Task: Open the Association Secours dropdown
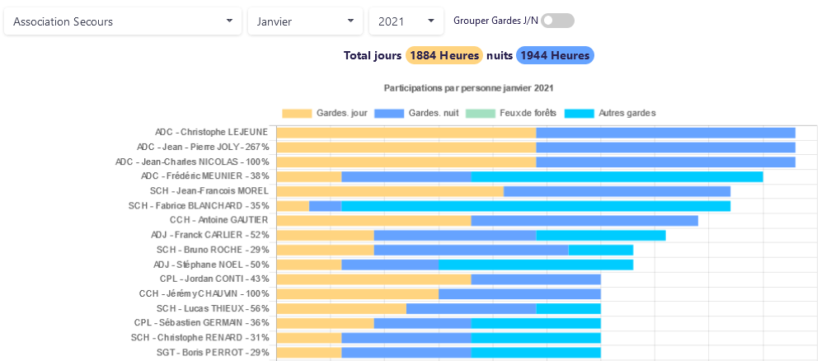pyautogui.click(x=123, y=21)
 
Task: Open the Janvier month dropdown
pyautogui.click(x=305, y=21)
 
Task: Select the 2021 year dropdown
pyautogui.click(x=406, y=21)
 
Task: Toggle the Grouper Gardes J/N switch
pyautogui.click(x=557, y=21)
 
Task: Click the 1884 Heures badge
pyautogui.click(x=444, y=55)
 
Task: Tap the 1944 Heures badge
pyautogui.click(x=555, y=55)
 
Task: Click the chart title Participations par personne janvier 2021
pyautogui.click(x=468, y=87)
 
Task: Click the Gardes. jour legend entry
pyautogui.click(x=326, y=113)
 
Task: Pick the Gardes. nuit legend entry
pyautogui.click(x=417, y=113)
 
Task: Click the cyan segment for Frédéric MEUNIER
pyautogui.click(x=617, y=176)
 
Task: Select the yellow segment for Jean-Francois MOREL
pyautogui.click(x=390, y=191)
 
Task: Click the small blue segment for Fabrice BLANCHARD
pyautogui.click(x=325, y=206)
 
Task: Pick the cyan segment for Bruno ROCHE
pyautogui.click(x=600, y=250)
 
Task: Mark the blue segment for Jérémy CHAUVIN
pyautogui.click(x=519, y=293)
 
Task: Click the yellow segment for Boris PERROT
pyautogui.click(x=309, y=353)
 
